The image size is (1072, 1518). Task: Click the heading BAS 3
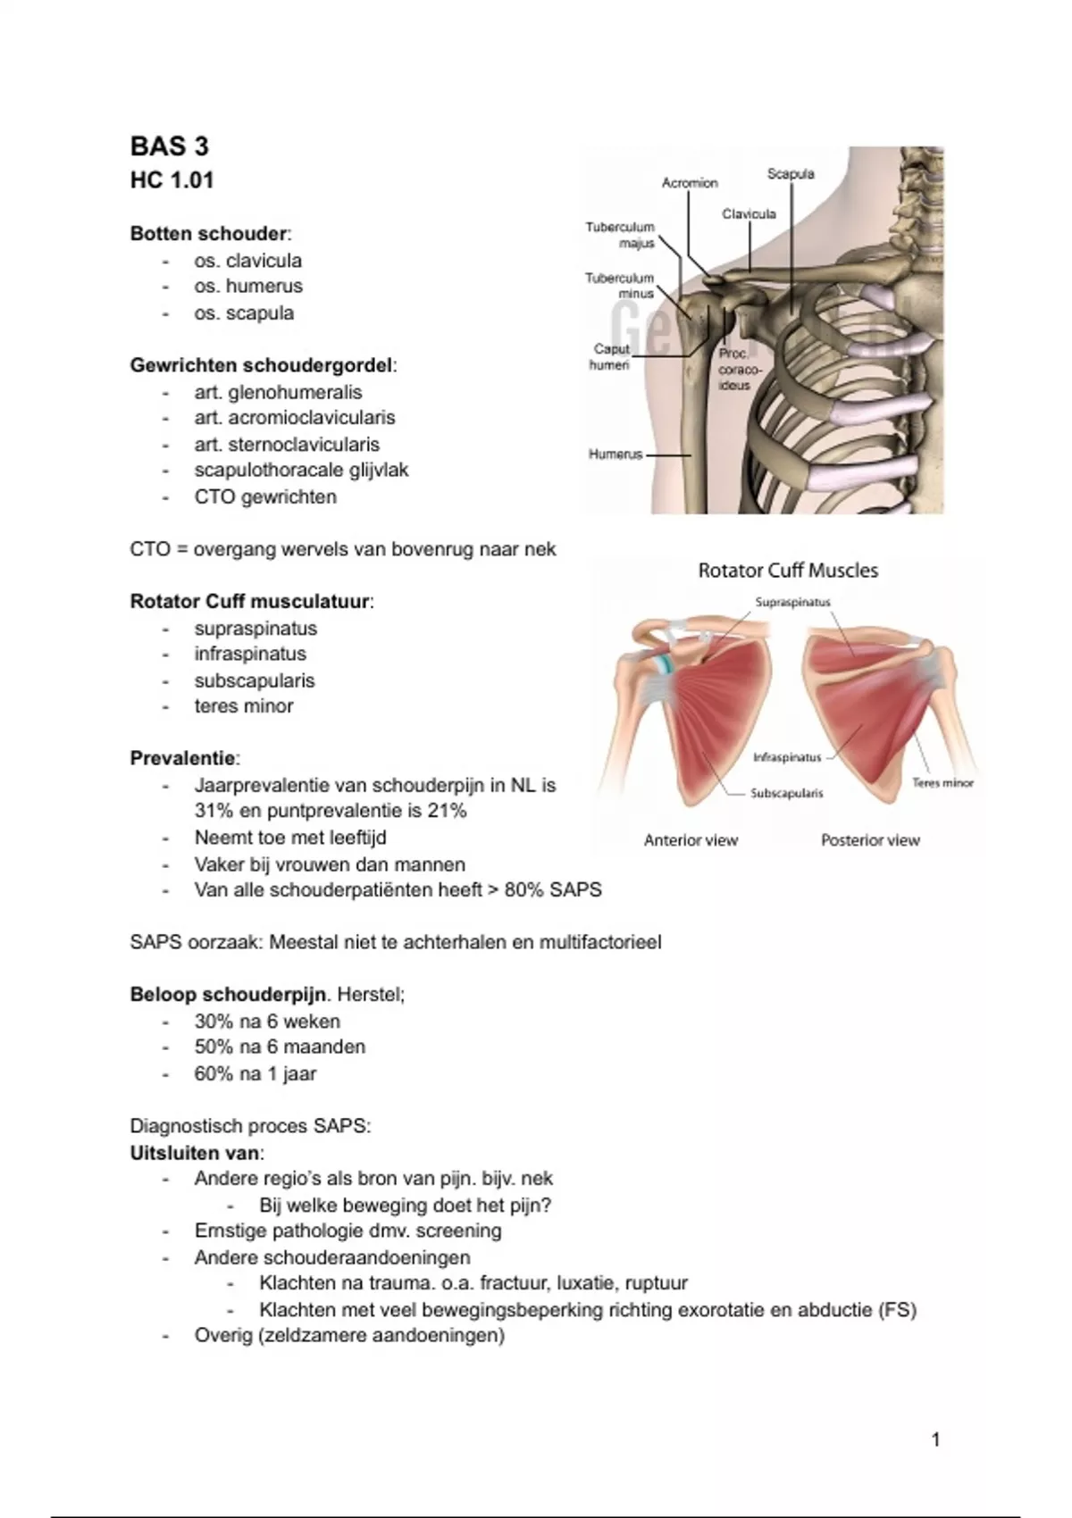[170, 146]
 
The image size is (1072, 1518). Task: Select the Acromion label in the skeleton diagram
[689, 183]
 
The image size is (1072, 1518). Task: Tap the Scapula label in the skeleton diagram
[791, 174]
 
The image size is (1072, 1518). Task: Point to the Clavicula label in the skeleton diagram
[749, 214]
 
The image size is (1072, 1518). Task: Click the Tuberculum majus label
[621, 235]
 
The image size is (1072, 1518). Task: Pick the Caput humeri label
[611, 357]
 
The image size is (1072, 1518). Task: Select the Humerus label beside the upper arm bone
[616, 455]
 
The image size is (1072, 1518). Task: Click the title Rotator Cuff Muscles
[788, 571]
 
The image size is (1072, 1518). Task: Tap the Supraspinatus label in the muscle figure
[792, 603]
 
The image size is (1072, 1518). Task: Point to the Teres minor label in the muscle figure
[942, 783]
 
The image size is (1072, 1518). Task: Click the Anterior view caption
[691, 840]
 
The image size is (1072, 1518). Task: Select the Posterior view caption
[870, 840]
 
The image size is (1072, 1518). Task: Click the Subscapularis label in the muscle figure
[786, 793]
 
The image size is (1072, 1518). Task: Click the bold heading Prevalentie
[183, 759]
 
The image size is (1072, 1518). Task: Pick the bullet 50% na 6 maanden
[280, 1047]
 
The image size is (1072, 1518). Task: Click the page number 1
[935, 1439]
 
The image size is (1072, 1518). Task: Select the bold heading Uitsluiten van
[196, 1152]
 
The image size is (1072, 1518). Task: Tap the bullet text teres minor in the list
[244, 706]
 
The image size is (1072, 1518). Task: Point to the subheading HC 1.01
[172, 180]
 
